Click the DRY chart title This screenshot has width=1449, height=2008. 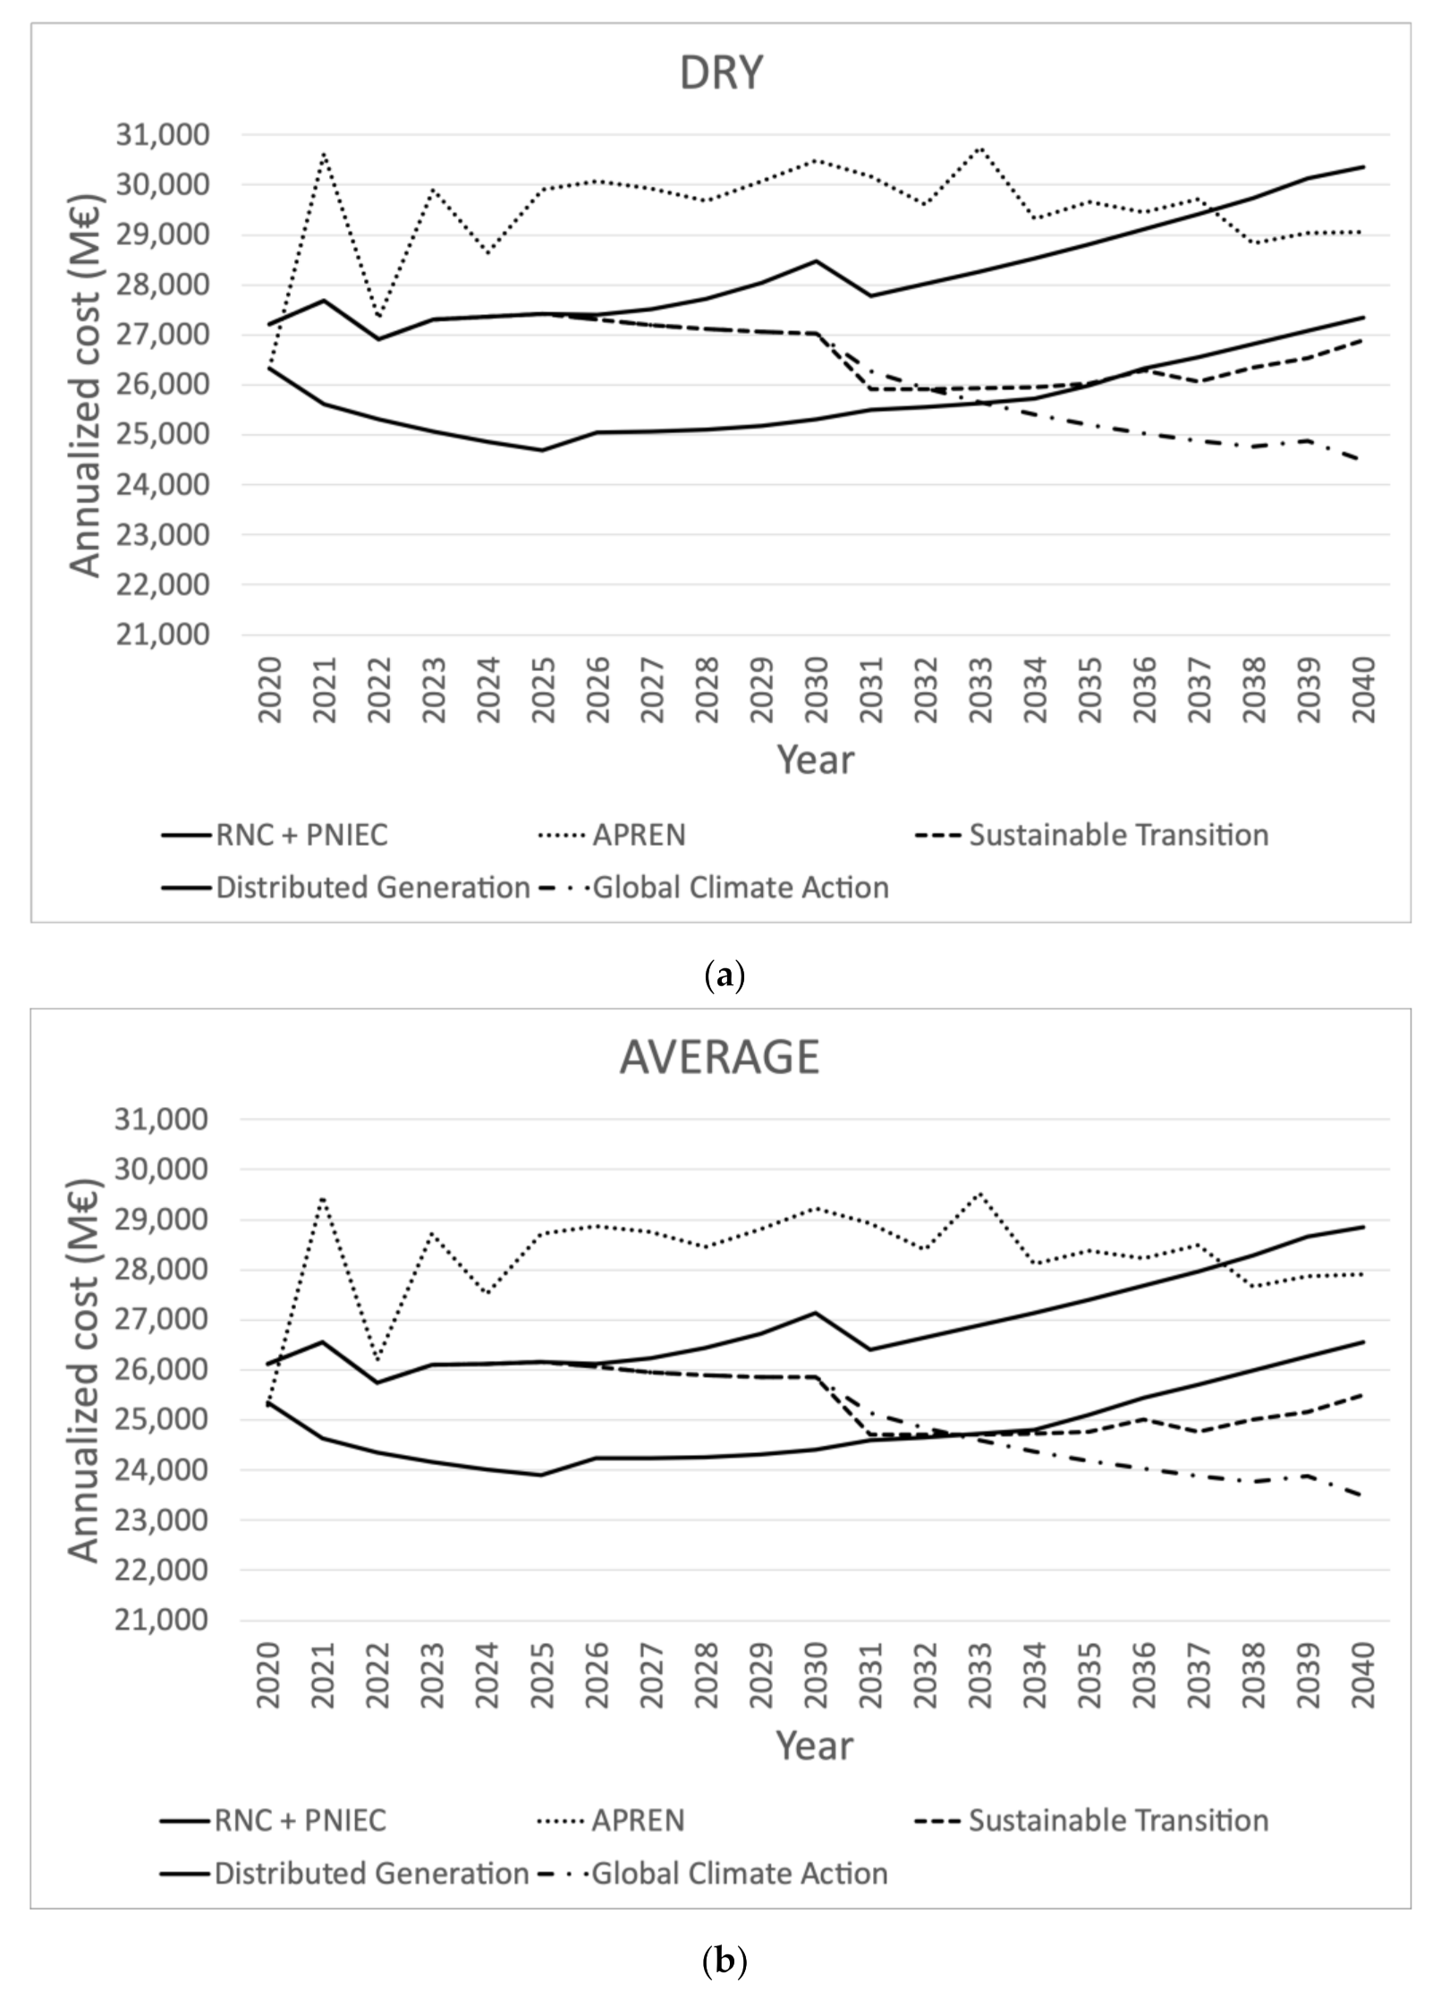tap(721, 73)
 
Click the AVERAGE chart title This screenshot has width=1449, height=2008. tap(719, 1057)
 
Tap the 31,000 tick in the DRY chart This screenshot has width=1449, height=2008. tap(163, 135)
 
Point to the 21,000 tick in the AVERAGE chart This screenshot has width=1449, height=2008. tap(162, 1620)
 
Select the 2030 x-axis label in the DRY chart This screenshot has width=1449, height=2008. tap(816, 690)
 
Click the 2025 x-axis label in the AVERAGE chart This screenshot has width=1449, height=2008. tap(542, 1674)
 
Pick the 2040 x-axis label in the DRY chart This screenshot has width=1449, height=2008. tap(1362, 690)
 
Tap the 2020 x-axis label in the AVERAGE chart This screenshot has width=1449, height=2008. tap(269, 1674)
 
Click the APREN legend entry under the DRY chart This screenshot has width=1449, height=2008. tap(639, 835)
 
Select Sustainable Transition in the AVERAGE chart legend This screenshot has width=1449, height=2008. tap(1118, 1820)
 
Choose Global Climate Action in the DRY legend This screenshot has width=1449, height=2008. tap(741, 888)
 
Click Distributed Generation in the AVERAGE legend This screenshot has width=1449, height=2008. tap(371, 1873)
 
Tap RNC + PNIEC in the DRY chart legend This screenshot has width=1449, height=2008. tap(301, 835)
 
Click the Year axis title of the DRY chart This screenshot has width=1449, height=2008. tap(815, 760)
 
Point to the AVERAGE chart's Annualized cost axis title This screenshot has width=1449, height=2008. tap(84, 1369)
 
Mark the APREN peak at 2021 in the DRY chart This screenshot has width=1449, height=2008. tap(324, 154)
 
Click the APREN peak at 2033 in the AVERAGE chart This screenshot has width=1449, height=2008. tap(980, 1193)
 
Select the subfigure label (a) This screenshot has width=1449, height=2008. tap(724, 975)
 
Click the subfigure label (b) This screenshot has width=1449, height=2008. tap(724, 1961)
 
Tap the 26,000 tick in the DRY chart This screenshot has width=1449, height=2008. tap(163, 385)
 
